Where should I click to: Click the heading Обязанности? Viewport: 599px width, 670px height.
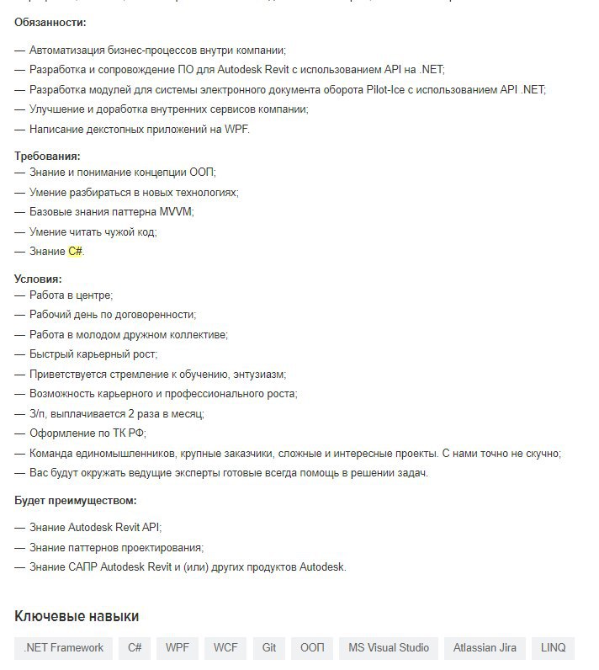click(50, 22)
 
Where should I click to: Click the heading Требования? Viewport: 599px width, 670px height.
click(47, 156)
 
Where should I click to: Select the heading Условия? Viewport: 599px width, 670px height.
click(38, 279)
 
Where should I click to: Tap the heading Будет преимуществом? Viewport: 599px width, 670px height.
click(75, 500)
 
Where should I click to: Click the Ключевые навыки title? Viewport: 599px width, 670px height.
click(77, 616)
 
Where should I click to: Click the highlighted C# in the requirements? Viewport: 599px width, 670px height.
click(76, 251)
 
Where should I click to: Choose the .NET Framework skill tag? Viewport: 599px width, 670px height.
click(64, 647)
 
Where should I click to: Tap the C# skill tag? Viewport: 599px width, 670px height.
click(134, 647)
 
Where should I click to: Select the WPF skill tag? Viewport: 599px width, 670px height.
click(178, 647)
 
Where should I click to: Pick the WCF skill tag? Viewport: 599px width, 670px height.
click(225, 647)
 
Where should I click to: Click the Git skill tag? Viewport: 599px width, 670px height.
click(269, 647)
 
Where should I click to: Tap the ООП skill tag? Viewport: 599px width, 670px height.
click(312, 647)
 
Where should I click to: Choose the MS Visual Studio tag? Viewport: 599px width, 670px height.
click(389, 647)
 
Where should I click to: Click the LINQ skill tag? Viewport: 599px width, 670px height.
click(554, 647)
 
